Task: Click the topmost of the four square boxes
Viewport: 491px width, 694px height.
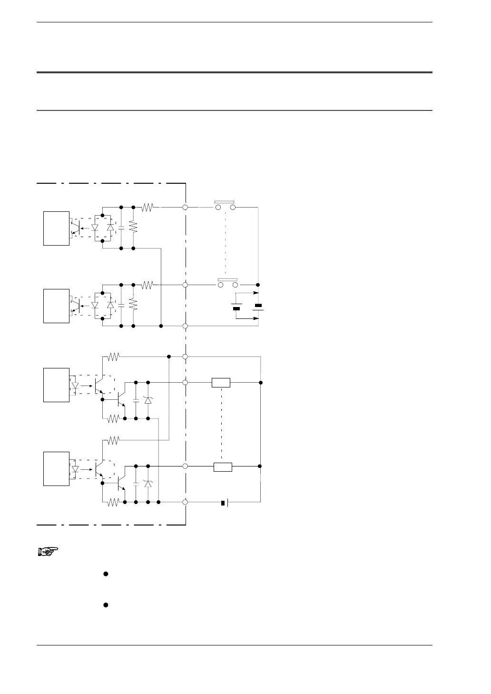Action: [57, 228]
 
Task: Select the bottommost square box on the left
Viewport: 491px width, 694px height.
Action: [57, 469]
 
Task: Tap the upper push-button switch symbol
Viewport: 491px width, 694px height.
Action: [226, 206]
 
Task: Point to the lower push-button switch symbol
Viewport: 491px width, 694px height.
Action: [228, 284]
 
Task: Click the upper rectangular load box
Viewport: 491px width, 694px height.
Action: [221, 382]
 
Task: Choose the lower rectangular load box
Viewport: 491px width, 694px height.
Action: [223, 466]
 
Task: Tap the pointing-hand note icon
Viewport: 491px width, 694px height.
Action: [47, 552]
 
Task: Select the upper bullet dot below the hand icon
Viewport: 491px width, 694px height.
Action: [106, 574]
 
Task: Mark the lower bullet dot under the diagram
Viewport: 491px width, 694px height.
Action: [106, 605]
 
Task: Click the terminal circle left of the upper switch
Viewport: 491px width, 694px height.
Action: [185, 208]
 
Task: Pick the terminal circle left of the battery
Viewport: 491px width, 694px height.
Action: [185, 502]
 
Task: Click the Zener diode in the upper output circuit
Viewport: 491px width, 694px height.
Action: [148, 400]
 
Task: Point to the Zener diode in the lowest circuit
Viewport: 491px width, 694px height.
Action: [148, 484]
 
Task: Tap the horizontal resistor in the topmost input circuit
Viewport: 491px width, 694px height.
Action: [147, 208]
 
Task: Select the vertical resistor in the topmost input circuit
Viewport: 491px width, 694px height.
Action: [133, 228]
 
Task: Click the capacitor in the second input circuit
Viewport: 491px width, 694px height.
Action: [121, 305]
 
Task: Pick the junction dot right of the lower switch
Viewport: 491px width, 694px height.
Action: [258, 285]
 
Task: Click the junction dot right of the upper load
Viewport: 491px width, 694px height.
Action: [261, 382]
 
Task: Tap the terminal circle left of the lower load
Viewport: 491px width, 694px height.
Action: [185, 466]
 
